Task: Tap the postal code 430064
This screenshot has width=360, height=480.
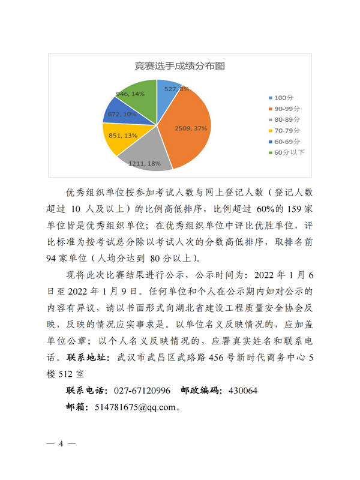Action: [241, 391]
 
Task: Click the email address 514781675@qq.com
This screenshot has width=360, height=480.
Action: [135, 406]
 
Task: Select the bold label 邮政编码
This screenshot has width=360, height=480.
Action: [199, 391]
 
